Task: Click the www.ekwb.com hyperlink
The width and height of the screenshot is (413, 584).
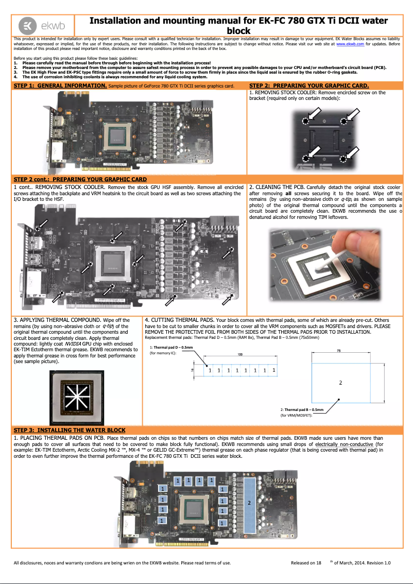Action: coord(350,45)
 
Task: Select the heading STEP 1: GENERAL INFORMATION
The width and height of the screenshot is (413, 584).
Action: coord(60,85)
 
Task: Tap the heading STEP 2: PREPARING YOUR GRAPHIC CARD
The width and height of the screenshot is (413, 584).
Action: coord(308,85)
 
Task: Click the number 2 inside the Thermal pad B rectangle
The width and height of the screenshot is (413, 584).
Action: coord(340,383)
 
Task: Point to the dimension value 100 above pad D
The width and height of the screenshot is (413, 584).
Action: coord(240,355)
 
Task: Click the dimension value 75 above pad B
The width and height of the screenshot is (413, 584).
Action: coord(338,351)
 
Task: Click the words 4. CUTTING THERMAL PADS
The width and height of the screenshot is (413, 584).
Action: coord(180,320)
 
